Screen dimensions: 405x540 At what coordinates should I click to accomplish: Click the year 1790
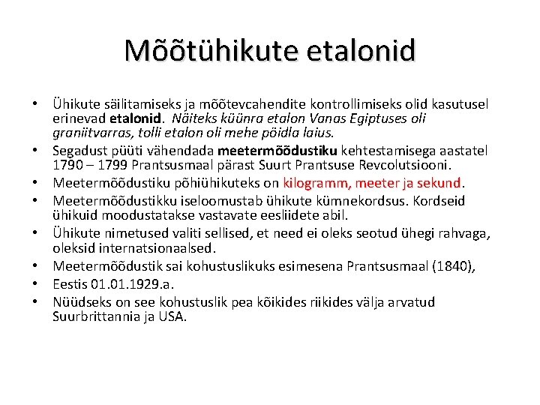pos(67,164)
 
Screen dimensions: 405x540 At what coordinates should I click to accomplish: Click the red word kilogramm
pos(316,183)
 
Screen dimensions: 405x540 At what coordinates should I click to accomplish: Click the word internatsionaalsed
pos(133,247)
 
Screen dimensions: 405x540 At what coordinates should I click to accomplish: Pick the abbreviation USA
pos(173,316)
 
